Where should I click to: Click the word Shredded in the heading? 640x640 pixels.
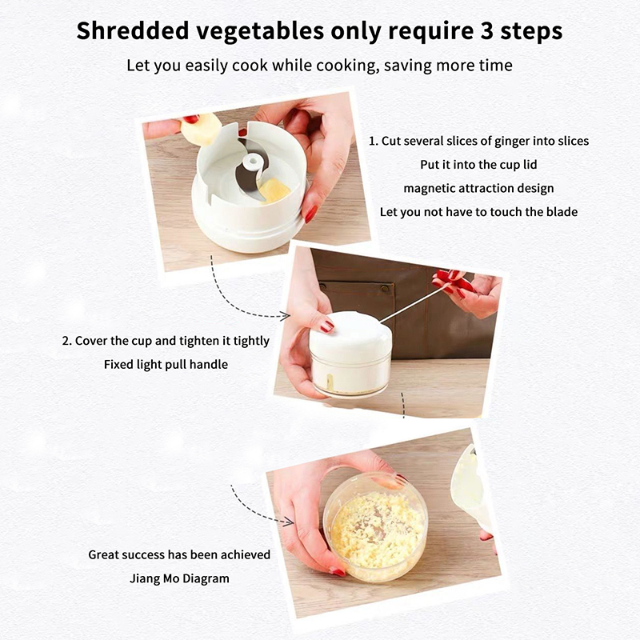(133, 31)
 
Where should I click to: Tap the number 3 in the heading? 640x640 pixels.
(486, 31)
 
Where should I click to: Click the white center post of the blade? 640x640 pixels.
(250, 162)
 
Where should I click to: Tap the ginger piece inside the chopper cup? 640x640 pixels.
(274, 190)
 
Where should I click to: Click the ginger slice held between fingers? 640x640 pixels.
(201, 129)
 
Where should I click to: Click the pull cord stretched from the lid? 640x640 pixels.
(414, 303)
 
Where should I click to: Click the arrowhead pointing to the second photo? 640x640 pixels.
(286, 315)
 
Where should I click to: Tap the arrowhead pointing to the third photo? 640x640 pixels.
(288, 522)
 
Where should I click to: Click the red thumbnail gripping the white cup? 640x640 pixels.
(310, 214)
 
